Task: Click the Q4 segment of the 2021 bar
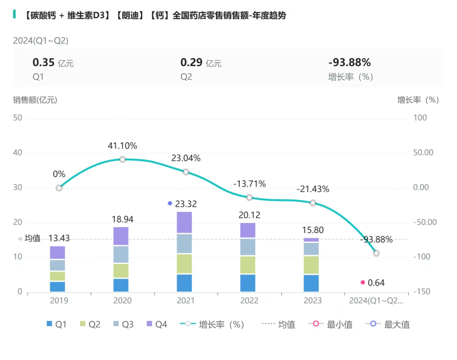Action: click(x=184, y=223)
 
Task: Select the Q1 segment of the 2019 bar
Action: click(x=58, y=286)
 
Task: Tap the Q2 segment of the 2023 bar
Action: click(x=311, y=265)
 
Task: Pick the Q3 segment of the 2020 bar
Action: click(x=121, y=254)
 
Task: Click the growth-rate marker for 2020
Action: click(x=122, y=159)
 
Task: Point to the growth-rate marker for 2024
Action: click(x=376, y=253)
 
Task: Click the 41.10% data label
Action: click(x=122, y=146)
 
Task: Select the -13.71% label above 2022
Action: click(x=249, y=184)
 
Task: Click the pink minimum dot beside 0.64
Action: click(x=363, y=282)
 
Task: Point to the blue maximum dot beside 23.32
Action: click(x=170, y=203)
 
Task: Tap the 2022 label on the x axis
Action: click(x=249, y=301)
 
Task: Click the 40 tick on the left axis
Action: click(x=17, y=153)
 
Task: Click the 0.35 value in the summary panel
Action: click(x=44, y=63)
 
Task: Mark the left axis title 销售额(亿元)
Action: click(x=35, y=100)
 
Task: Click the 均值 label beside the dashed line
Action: click(x=33, y=239)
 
